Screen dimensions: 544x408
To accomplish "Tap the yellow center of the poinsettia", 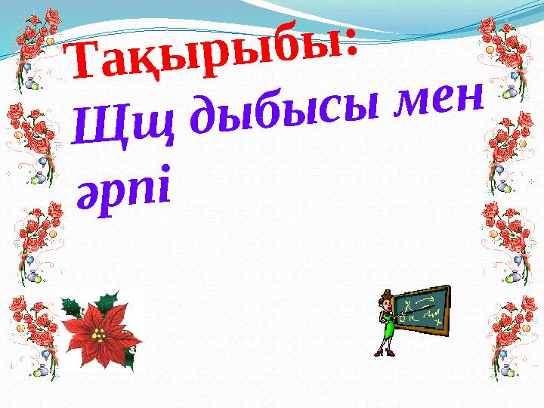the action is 99,335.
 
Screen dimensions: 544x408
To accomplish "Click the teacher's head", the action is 386,301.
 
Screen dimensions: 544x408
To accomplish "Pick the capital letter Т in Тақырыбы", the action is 84,59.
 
